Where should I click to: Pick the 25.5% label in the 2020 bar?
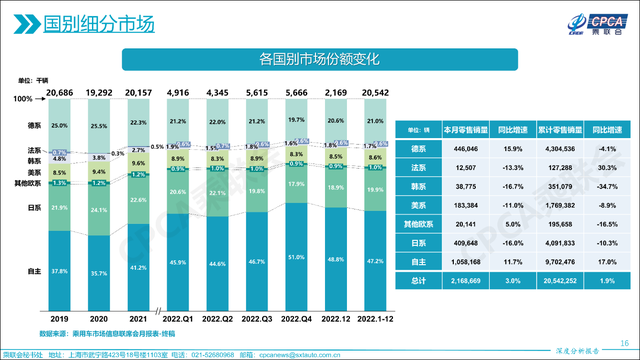click(x=99, y=126)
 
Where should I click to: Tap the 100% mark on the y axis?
click(x=24, y=100)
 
